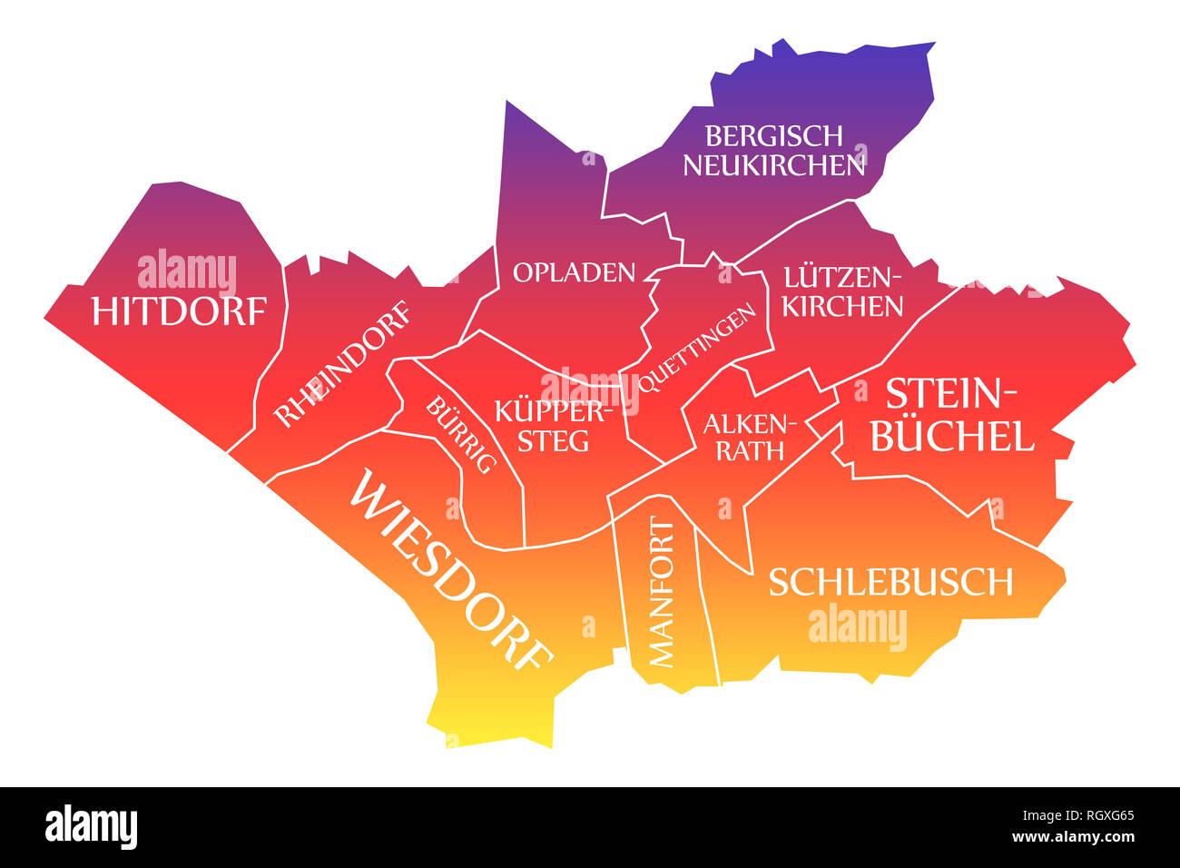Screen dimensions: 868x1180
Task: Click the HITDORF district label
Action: point(179,311)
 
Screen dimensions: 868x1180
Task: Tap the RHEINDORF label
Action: point(342,365)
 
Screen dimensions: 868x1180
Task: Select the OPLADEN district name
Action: point(574,272)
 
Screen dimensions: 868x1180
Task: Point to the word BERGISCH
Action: point(774,136)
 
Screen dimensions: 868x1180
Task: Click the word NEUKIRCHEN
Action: point(774,165)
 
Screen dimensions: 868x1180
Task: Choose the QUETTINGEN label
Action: point(696,349)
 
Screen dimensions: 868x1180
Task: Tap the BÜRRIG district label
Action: point(461,435)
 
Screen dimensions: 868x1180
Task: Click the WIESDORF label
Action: point(450,568)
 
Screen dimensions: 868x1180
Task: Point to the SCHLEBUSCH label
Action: point(890,582)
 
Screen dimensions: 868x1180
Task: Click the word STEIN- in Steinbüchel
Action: point(951,393)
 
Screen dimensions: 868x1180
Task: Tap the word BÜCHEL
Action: point(951,437)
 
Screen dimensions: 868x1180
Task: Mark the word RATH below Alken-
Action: point(750,450)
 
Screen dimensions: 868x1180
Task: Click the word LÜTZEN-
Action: point(844,276)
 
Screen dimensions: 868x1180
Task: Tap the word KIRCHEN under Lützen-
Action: point(843,307)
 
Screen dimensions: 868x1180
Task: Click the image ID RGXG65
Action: point(1101,815)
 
